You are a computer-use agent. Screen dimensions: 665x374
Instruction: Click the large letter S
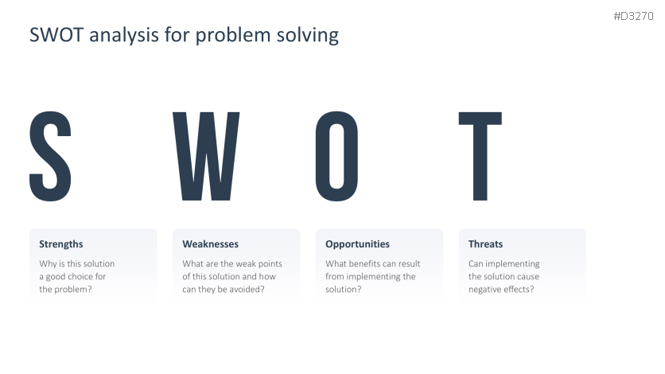[50, 156]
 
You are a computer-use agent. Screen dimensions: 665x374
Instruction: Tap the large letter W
[206, 156]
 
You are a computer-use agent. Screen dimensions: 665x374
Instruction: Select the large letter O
[336, 156]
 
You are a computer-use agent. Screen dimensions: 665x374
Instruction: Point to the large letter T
[480, 156]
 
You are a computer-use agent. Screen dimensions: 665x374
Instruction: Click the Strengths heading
[61, 244]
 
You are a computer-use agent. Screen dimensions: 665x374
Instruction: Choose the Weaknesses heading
[210, 244]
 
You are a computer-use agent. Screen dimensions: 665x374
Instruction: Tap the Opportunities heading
[357, 244]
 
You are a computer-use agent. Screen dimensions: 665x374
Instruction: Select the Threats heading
[485, 244]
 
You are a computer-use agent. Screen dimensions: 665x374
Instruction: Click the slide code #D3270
[634, 16]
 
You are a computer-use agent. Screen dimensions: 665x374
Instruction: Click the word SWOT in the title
[56, 35]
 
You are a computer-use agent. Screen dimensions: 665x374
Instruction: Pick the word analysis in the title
[124, 36]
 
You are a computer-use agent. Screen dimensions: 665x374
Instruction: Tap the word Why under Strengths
[48, 264]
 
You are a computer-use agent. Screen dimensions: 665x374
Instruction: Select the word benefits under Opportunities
[364, 263]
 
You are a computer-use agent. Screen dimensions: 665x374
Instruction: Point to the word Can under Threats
[476, 263]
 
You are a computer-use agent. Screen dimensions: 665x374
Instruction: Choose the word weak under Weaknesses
[247, 263]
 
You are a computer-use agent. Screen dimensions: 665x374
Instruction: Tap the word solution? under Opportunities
[344, 289]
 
